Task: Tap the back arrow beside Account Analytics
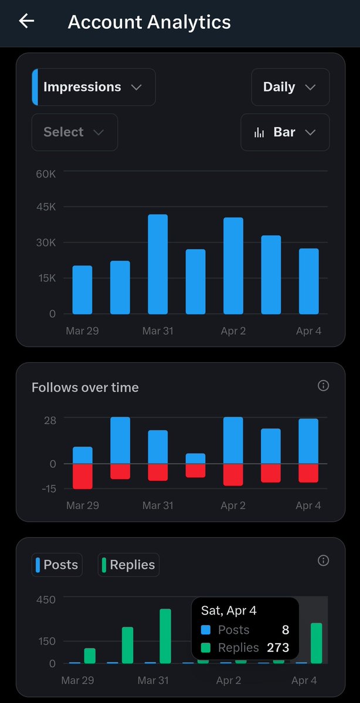[27, 21]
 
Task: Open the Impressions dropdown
[94, 87]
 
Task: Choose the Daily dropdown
[290, 87]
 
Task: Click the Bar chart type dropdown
[285, 133]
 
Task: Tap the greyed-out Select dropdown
[74, 133]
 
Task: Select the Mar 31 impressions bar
[158, 264]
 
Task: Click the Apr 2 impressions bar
[233, 266]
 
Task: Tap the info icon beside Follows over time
[323, 385]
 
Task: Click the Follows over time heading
[85, 388]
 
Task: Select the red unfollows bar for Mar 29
[83, 476]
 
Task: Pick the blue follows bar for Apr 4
[308, 441]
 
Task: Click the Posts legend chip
[57, 565]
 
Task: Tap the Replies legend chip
[128, 565]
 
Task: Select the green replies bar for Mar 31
[165, 636]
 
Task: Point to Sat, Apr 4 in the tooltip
[229, 611]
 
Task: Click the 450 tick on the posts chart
[45, 599]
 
